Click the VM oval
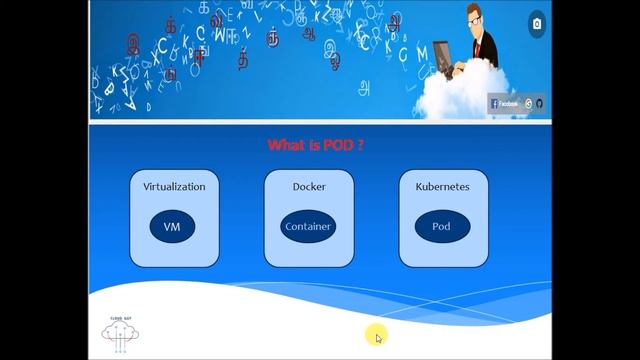173,226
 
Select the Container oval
308,226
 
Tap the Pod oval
441,226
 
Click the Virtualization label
174,187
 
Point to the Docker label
308,187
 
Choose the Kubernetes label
442,187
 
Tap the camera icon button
537,24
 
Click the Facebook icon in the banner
494,103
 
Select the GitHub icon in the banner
539,103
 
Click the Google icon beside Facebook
528,103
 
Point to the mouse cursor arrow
378,338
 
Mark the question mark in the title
360,145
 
